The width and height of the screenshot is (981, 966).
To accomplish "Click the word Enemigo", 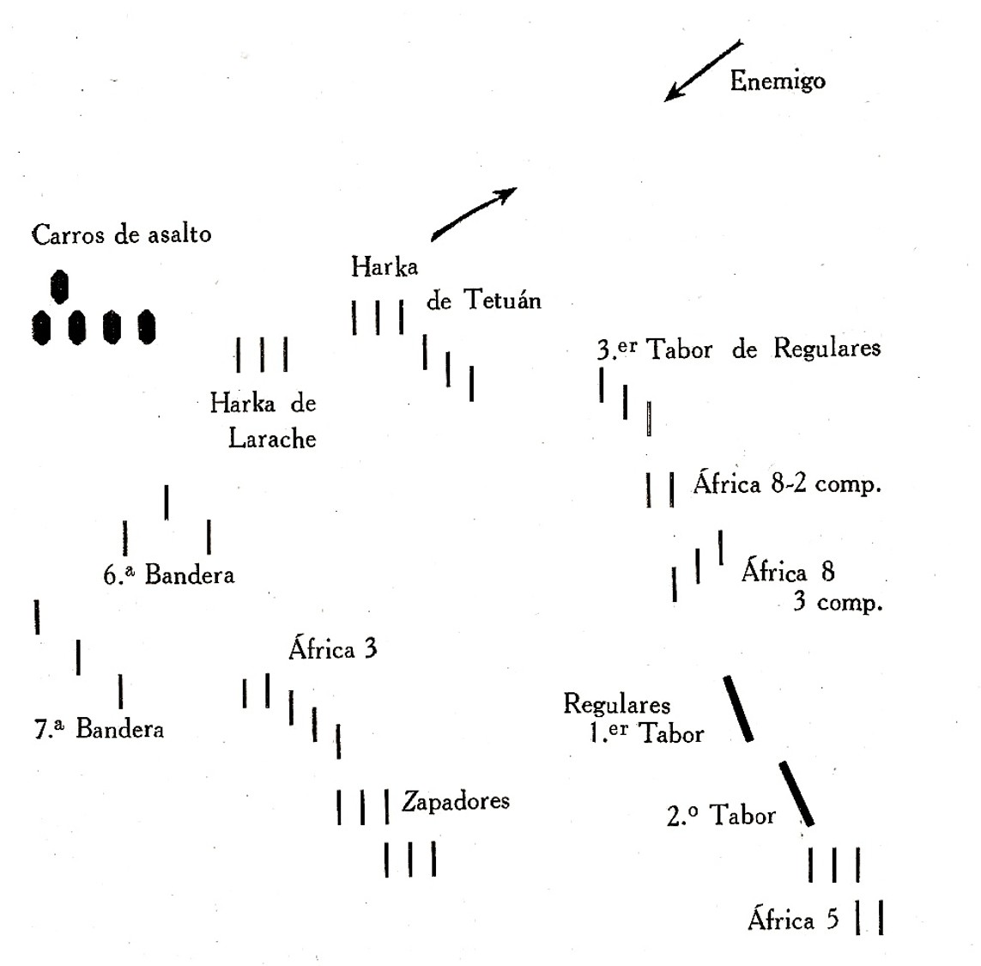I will [777, 81].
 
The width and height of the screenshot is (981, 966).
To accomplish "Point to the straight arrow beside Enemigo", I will [704, 70].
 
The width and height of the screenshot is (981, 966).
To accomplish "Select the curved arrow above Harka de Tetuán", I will [473, 213].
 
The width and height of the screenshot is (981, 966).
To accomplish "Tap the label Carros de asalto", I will [121, 234].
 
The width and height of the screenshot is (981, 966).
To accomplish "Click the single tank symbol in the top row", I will [59, 287].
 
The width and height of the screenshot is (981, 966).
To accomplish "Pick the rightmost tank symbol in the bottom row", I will [147, 327].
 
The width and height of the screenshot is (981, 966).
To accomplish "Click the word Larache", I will [272, 439].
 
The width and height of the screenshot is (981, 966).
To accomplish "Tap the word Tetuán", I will [502, 300].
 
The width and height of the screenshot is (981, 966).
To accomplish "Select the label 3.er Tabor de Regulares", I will [739, 349].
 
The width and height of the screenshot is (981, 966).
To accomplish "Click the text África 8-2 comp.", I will [787, 484].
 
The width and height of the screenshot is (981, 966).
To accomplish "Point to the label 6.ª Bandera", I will [169, 574].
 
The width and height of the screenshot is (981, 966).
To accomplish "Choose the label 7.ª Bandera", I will [99, 729].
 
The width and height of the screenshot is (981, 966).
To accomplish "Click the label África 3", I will [332, 648].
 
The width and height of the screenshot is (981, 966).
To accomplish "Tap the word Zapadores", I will [456, 801].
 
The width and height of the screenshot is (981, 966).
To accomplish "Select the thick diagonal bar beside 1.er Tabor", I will [738, 708].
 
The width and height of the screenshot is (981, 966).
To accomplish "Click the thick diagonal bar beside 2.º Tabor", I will [796, 793].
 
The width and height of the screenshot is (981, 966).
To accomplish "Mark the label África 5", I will [793, 920].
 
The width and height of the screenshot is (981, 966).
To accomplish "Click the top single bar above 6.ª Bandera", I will [167, 502].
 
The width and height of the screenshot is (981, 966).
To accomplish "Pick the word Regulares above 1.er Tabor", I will [616, 705].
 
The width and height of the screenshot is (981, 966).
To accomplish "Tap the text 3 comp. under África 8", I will [837, 602].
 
